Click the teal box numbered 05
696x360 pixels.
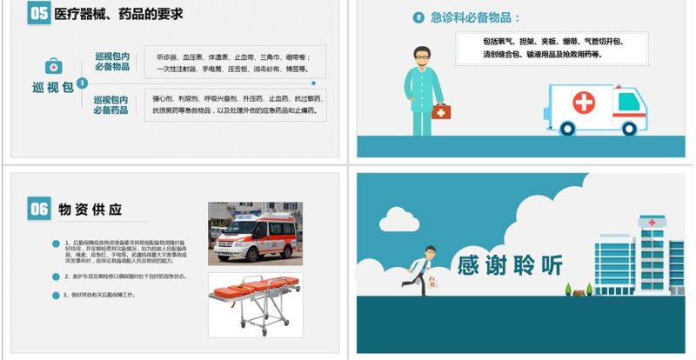(38, 13)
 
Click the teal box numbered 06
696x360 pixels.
(38, 209)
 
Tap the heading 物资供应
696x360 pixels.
(90, 210)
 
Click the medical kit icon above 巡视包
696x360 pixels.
(54, 66)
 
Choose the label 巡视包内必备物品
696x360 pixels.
(111, 62)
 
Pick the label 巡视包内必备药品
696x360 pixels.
(111, 105)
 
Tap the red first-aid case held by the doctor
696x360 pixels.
(441, 111)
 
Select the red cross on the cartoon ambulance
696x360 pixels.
(583, 103)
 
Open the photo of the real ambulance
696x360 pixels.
(255, 233)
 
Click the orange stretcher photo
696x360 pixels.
(255, 304)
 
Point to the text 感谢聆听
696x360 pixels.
(510, 264)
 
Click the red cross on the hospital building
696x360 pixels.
(649, 223)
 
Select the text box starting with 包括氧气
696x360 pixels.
(554, 47)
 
